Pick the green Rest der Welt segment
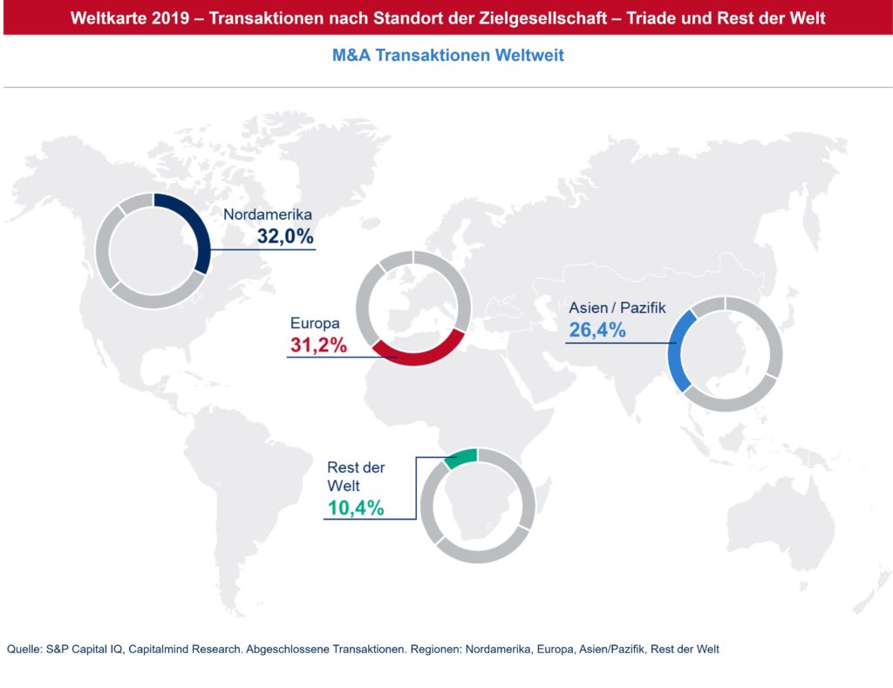coord(461,458)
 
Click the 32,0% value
coord(284,235)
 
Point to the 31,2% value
coord(318,345)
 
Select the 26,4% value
coord(597,330)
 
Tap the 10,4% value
coord(355,507)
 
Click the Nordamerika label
coord(268,215)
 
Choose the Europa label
coord(315,324)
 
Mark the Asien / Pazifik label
coord(617,308)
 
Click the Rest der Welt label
coord(355,476)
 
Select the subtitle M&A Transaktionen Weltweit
coord(447,56)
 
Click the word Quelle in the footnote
coord(24,649)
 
